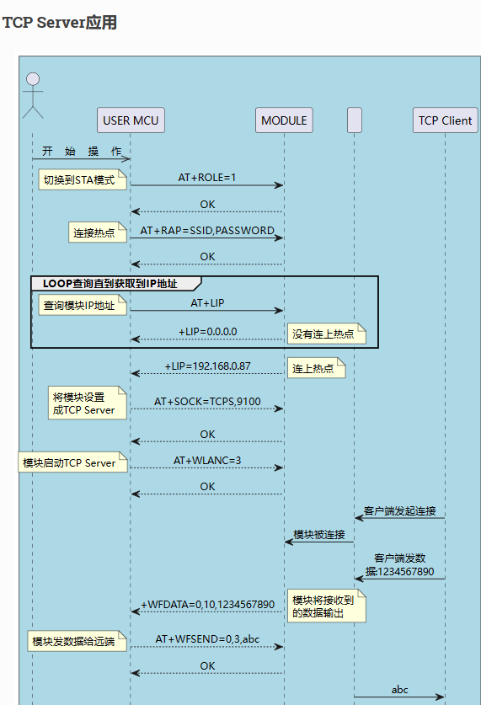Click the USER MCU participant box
pos(131,120)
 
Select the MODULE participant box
pos(284,120)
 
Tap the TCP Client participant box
pos(445,120)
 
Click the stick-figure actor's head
pos(33,79)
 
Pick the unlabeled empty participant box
pos(355,120)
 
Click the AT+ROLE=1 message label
pos(206,178)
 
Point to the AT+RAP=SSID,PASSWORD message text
pos(207,231)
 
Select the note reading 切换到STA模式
pos(83,180)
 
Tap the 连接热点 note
pos(97,232)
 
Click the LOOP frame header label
pos(110,284)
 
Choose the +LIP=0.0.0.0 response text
pos(208,332)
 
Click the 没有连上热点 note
pos(326,334)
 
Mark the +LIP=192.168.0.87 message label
pos(208,366)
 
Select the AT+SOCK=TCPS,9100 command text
pos(207,402)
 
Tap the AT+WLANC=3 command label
pos(207,461)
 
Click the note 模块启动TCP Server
pos(72,462)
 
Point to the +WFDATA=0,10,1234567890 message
pos(208,605)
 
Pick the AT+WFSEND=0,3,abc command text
pos(207,639)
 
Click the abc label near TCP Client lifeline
pos(399,690)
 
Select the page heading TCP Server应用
pos(60,23)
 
